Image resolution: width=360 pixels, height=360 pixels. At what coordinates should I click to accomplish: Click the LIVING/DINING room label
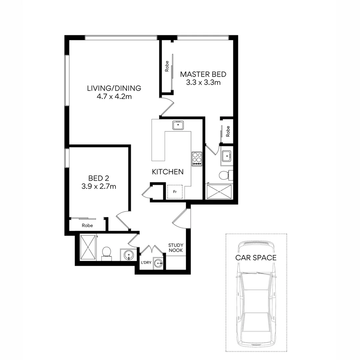click(x=114, y=88)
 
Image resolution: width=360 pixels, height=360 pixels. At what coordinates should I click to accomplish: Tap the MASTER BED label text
click(x=203, y=74)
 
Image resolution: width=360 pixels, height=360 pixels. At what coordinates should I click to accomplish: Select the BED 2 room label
click(x=99, y=178)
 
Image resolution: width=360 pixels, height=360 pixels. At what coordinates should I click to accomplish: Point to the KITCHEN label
click(x=168, y=172)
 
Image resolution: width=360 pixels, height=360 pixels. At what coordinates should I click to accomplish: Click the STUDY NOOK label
click(x=175, y=248)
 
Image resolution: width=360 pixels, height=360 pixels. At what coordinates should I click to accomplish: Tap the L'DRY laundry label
click(x=146, y=263)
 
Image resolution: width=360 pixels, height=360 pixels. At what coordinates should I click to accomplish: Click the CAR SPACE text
click(x=256, y=258)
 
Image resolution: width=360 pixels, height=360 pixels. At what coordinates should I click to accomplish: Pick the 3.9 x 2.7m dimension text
click(x=99, y=187)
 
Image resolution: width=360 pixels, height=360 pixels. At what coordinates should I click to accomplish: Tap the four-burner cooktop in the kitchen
click(x=197, y=159)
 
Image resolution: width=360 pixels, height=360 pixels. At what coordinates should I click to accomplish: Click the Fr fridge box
click(x=175, y=192)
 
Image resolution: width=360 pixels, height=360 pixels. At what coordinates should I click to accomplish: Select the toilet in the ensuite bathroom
click(x=224, y=174)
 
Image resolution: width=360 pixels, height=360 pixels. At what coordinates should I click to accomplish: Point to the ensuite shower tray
click(x=219, y=192)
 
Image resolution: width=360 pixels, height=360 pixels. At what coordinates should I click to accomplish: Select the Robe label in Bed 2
click(x=87, y=226)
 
